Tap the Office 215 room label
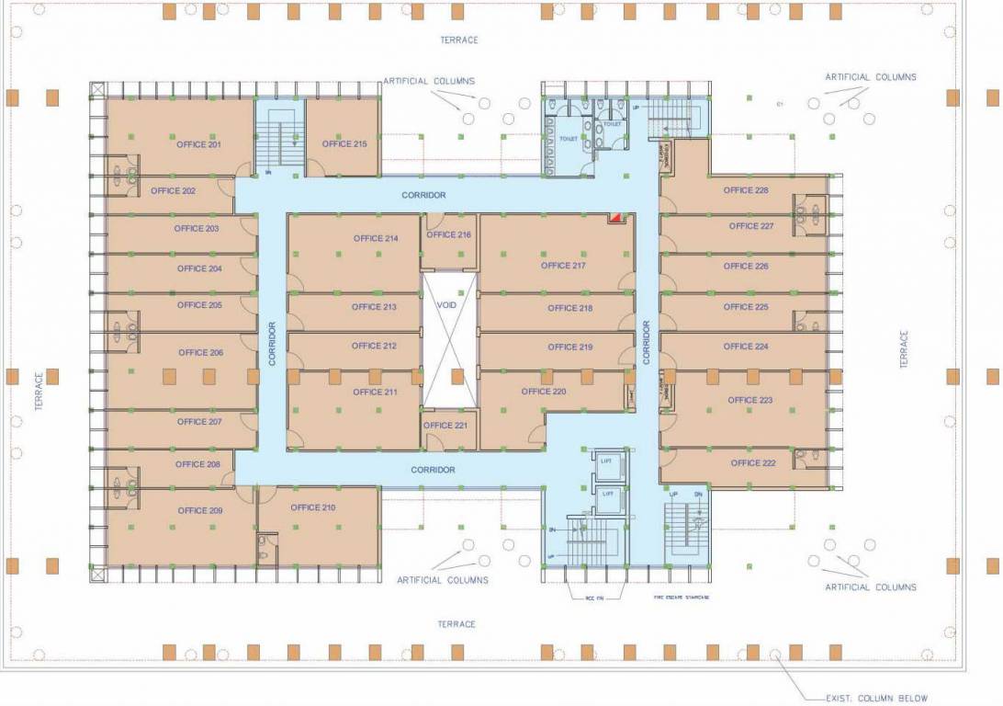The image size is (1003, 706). (x=344, y=143)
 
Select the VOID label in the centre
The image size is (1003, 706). (x=447, y=305)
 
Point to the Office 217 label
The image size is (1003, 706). (x=563, y=266)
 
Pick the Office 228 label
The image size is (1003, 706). (x=745, y=190)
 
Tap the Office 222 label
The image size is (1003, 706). (x=752, y=463)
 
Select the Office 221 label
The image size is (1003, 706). (x=445, y=426)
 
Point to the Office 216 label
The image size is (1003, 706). (x=449, y=234)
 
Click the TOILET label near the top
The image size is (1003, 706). (x=569, y=138)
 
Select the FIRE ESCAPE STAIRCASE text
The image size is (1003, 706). (x=681, y=598)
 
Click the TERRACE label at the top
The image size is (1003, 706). (x=458, y=40)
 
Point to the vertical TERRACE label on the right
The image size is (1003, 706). (x=904, y=350)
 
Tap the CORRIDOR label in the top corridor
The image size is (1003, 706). (x=423, y=195)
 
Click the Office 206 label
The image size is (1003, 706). (x=200, y=352)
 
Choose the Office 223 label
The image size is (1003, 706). (x=749, y=400)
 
